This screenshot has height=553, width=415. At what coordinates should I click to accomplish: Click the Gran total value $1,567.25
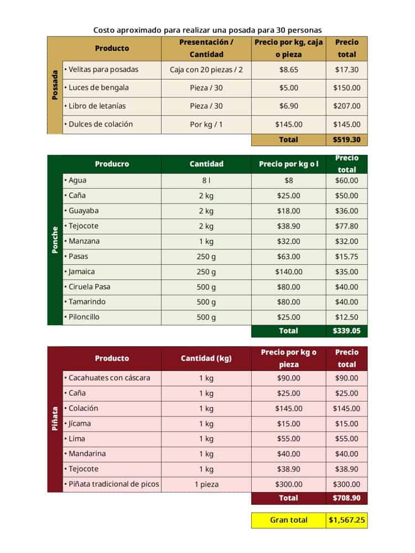coord(347,520)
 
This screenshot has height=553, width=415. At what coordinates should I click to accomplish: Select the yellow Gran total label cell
coord(288,520)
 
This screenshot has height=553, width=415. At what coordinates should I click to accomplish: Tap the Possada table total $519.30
coord(347,140)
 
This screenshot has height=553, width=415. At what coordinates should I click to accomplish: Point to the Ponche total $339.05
coord(347,331)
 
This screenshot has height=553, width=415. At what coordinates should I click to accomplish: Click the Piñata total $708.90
coord(347,498)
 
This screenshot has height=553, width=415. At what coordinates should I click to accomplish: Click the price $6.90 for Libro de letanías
coord(289,106)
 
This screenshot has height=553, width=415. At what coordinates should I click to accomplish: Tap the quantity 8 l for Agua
coord(206,180)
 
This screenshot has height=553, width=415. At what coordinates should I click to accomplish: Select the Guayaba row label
coord(82,211)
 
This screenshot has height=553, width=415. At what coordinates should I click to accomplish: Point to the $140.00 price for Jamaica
coord(289,272)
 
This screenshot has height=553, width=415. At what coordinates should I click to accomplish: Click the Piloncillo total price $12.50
coord(347,317)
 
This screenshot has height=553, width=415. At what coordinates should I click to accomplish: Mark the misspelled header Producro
coord(112,164)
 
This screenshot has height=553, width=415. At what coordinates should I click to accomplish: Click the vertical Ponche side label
coord(55,241)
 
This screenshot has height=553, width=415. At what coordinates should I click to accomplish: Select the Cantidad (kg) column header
coord(206,358)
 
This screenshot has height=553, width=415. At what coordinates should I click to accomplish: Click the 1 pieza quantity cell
coord(206,484)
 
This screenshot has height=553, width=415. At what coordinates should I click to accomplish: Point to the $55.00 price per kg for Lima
coord(289,439)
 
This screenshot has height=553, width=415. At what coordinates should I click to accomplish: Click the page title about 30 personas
coord(207,29)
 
